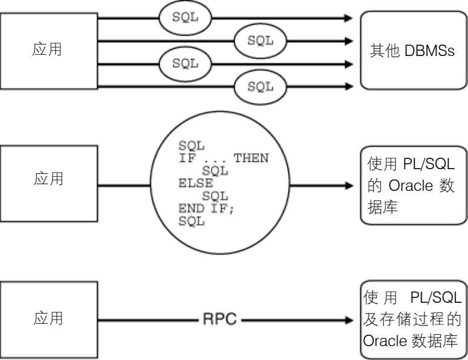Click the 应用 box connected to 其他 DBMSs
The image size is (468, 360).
(x=48, y=50)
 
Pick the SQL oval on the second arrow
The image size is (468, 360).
(x=260, y=41)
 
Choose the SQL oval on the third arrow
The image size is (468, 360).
(x=186, y=63)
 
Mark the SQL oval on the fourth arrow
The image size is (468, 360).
(x=260, y=86)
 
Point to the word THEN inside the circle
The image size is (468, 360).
(x=251, y=158)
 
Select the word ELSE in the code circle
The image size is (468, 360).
(x=192, y=184)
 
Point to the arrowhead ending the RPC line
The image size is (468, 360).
(x=350, y=319)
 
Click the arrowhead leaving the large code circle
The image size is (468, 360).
(x=350, y=185)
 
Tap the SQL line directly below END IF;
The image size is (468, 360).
(x=192, y=222)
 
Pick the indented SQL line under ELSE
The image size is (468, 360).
(x=214, y=196)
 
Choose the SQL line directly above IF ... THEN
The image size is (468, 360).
(x=192, y=146)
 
